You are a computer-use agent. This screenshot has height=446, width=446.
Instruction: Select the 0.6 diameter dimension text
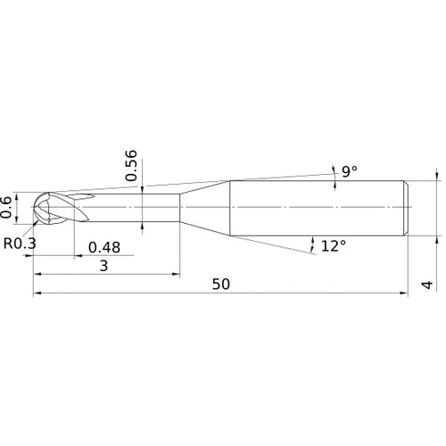tap(8, 207)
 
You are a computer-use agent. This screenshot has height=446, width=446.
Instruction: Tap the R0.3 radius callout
tap(20, 242)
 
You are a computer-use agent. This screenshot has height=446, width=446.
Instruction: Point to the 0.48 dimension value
tap(104, 247)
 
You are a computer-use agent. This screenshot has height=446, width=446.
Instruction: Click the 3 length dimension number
tap(104, 266)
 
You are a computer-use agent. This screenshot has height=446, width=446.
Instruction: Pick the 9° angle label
tap(347, 169)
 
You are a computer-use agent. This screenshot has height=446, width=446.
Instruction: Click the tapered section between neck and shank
tap(205, 207)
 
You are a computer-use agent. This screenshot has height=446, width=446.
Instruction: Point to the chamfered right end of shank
tap(407, 207)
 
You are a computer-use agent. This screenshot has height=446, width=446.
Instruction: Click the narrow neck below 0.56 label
tap(143, 207)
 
